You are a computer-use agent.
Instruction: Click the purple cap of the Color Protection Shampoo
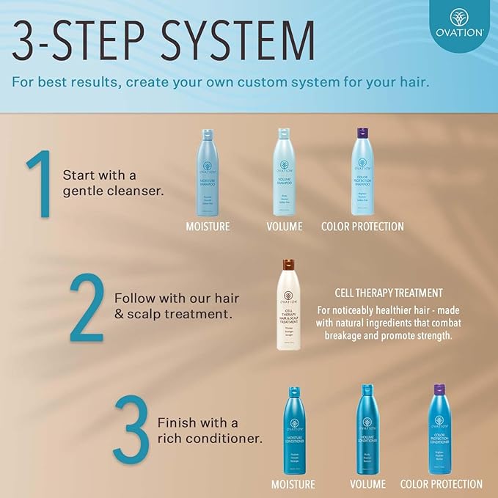[x=362, y=133]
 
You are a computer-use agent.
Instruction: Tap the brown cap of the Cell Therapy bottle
[x=287, y=265]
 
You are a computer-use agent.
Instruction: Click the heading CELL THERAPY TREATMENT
[x=388, y=293]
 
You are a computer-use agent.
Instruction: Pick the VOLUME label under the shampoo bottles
[x=285, y=227]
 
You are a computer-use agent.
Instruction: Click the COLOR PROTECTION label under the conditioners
[x=442, y=484]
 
